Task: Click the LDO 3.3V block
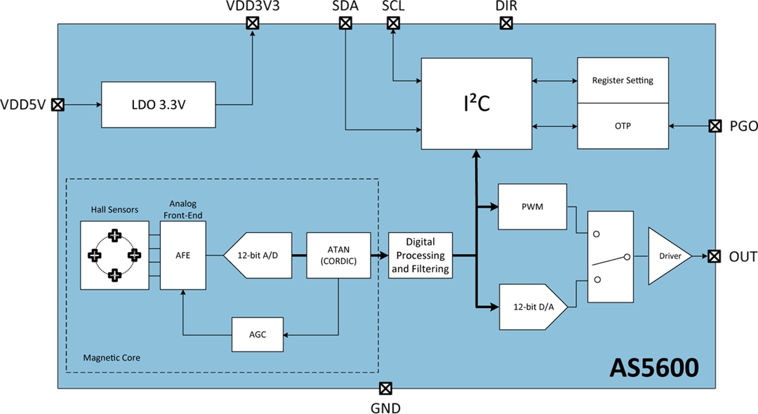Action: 158,105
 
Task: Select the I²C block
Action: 476,103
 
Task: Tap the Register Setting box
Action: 622,80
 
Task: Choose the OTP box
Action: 622,126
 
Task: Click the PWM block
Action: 532,207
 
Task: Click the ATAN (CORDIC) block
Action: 338,256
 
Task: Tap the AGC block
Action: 258,334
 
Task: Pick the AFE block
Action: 183,255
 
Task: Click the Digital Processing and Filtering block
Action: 421,256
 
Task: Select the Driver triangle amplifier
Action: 667,256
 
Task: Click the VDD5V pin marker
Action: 58,105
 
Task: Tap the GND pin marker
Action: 385,388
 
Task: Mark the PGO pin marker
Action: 714,126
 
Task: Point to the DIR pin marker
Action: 505,23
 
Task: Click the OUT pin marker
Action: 714,256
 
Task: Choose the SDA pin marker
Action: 345,23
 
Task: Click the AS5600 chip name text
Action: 653,367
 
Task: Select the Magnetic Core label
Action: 112,358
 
